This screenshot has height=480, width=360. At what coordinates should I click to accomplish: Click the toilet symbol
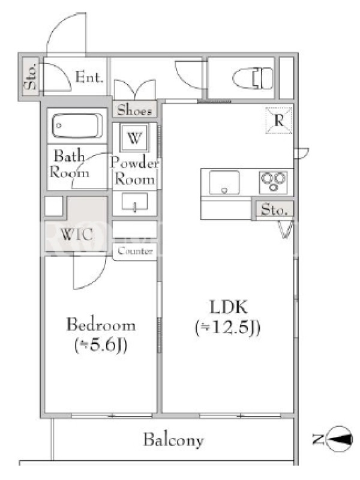coord(253,78)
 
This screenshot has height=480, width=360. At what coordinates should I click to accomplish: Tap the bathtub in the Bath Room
coord(77,126)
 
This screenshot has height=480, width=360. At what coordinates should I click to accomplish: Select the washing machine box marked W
coord(134,137)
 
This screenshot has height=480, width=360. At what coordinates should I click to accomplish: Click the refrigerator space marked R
coord(279,121)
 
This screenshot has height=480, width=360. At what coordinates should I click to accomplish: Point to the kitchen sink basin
coord(224,182)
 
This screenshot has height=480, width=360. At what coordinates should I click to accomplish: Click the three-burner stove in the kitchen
coord(274,182)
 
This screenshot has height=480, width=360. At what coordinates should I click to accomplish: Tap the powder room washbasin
coord(134,202)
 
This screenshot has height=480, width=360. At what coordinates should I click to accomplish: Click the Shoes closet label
coord(134,110)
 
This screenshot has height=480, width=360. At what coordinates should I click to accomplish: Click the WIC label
coord(77,235)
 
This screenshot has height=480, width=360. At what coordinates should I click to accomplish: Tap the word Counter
coord(135,251)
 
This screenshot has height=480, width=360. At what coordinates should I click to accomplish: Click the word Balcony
coord(173,440)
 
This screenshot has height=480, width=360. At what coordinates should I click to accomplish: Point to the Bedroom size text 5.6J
coord(101,346)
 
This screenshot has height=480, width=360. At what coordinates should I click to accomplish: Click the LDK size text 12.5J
coord(228,328)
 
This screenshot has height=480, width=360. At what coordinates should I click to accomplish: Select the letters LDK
coord(229,307)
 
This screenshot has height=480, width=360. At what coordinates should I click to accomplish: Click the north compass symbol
coord(338,439)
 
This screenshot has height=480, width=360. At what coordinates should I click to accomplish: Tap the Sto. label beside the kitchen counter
coord(274,209)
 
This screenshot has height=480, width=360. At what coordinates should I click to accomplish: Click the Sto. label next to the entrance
coord(31,77)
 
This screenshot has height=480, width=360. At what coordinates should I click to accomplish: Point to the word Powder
coord(134,163)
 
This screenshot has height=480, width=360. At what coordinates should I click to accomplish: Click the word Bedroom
coord(101,325)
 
